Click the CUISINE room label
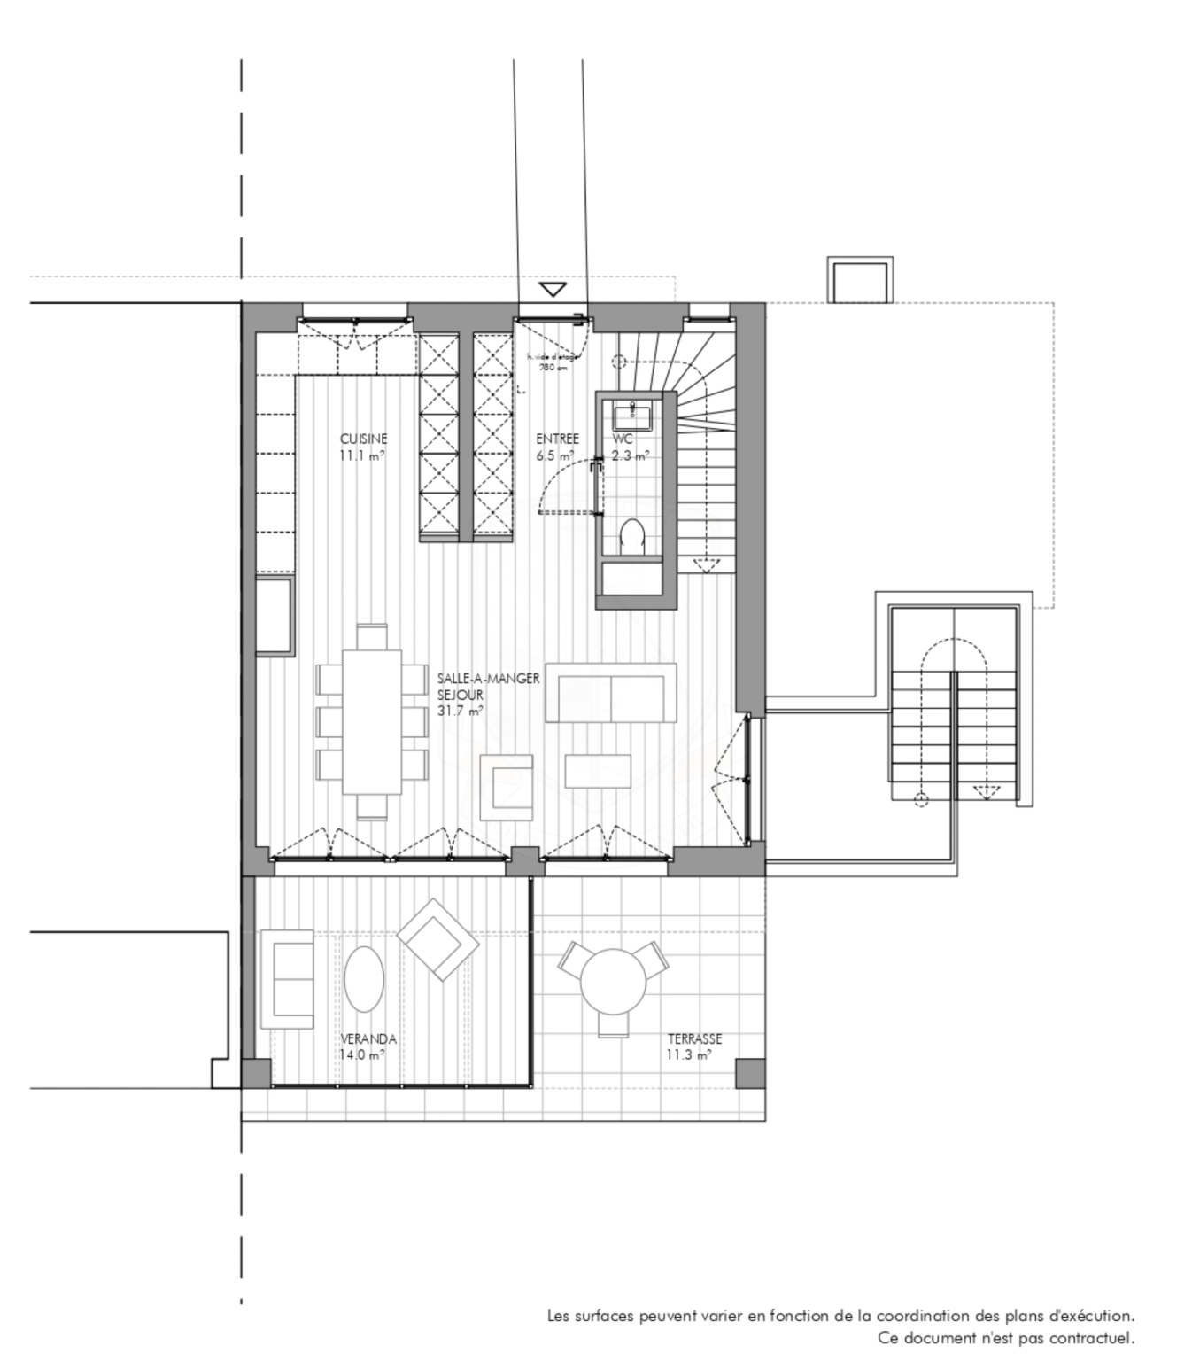363,439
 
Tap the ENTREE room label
557,439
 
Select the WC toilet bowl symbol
631,537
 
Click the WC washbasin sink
632,412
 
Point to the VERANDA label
368,1039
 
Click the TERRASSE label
694,1039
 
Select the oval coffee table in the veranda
364,979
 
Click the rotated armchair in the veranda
437,939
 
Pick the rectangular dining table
372,721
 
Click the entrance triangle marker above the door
553,290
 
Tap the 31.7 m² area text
460,710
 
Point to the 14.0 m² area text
361,1055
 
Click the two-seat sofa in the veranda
286,979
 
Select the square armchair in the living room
507,787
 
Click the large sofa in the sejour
611,693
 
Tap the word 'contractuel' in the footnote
1091,1338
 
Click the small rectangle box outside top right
859,280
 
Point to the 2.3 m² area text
630,456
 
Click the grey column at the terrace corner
750,1074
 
